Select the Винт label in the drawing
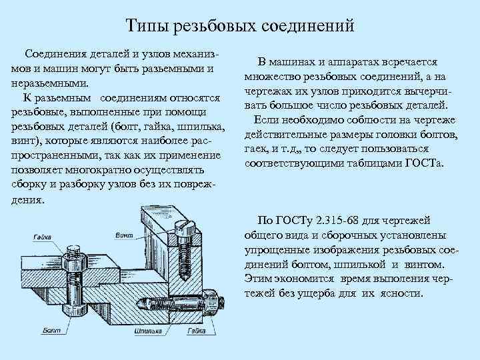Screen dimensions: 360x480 point(123,235)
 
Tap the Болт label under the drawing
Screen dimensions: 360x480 point(51,329)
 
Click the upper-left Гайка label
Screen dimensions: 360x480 point(43,237)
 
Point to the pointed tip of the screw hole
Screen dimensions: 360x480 point(183,280)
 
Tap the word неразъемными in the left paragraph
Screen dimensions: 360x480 point(45,83)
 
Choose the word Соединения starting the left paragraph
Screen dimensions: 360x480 point(57,53)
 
